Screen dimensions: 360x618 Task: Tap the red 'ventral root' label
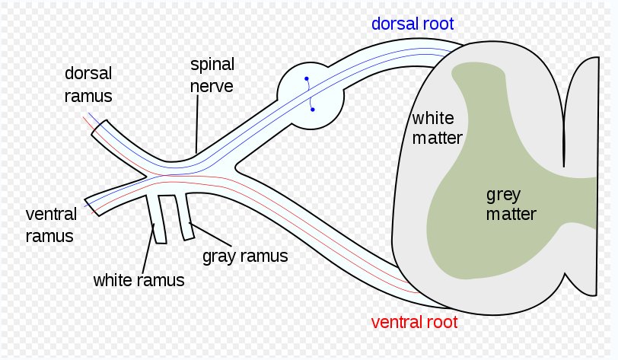pyautogui.click(x=413, y=322)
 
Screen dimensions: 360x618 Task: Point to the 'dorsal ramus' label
pyautogui.click(x=88, y=84)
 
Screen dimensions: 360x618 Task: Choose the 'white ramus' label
pyautogui.click(x=139, y=279)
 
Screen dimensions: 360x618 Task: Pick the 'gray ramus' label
pyautogui.click(x=245, y=256)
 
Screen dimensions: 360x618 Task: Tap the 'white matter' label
pyautogui.click(x=432, y=127)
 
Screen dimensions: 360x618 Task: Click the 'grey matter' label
pyautogui.click(x=511, y=203)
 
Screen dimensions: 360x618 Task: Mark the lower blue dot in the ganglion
pyautogui.click(x=312, y=110)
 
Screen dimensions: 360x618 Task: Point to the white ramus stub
pyautogui.click(x=159, y=221)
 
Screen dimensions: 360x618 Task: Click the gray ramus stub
pyautogui.click(x=183, y=217)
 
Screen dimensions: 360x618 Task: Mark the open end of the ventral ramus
pyautogui.click(x=89, y=203)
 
